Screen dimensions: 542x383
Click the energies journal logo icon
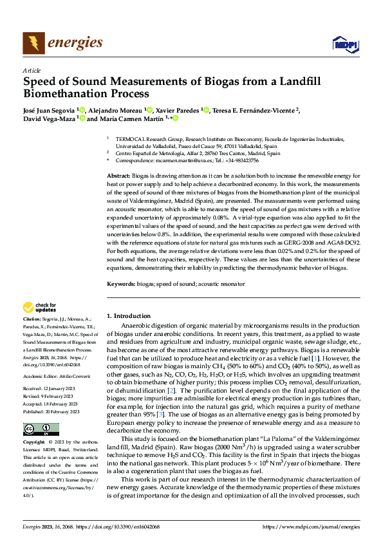pyautogui.click(x=31, y=42)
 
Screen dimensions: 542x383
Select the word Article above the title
pyautogui.click(x=32, y=70)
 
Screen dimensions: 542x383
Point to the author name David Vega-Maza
pyautogui.click(x=49, y=118)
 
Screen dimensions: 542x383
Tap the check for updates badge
pyautogui.click(x=40, y=307)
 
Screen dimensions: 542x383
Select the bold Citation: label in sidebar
pyautogui.click(x=32, y=319)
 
